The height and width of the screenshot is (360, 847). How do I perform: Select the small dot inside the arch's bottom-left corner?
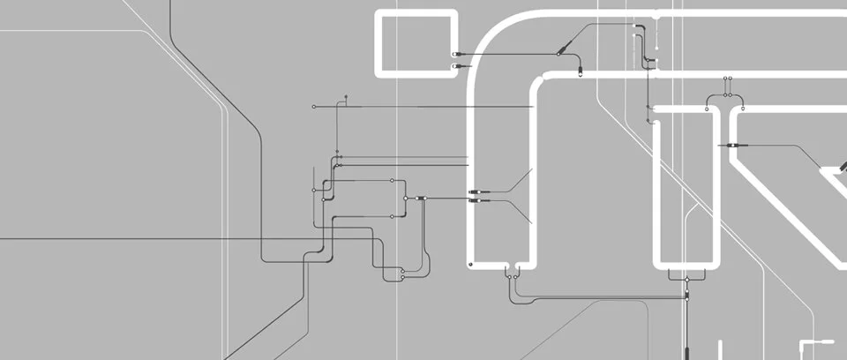[471, 263]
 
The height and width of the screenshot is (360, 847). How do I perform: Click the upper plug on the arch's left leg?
[475, 191]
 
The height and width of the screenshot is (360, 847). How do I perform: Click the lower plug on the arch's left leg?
[475, 201]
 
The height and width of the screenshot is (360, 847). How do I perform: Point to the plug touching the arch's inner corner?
[580, 73]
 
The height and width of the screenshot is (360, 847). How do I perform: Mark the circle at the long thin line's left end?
[314, 107]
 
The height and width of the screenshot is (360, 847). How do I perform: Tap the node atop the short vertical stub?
[347, 96]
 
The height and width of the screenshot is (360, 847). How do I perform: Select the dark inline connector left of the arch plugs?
[422, 199]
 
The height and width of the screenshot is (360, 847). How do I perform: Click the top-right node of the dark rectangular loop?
[393, 179]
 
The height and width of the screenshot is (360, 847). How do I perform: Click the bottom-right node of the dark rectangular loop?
[393, 217]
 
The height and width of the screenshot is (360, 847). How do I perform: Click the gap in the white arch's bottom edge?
[512, 266]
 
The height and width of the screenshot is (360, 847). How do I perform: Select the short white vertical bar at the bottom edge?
[720, 349]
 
